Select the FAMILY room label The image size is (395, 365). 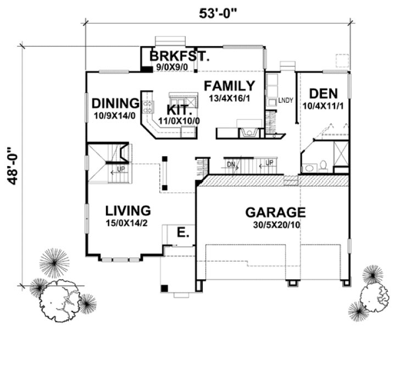[229, 86]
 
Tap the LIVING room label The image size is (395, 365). [128, 211]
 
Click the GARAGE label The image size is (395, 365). [275, 212]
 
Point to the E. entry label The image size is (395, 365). [183, 233]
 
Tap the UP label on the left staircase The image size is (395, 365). [119, 169]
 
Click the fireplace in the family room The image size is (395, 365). [248, 131]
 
